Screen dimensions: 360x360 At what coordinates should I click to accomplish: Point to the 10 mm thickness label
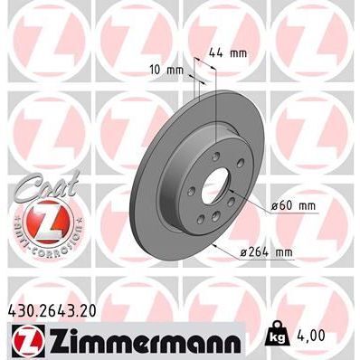tap(166, 70)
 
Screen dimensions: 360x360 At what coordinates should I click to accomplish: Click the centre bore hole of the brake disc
tap(215, 193)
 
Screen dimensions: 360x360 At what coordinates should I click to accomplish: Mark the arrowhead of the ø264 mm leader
tap(215, 242)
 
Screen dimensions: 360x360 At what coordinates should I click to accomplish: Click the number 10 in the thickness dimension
tap(156, 70)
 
